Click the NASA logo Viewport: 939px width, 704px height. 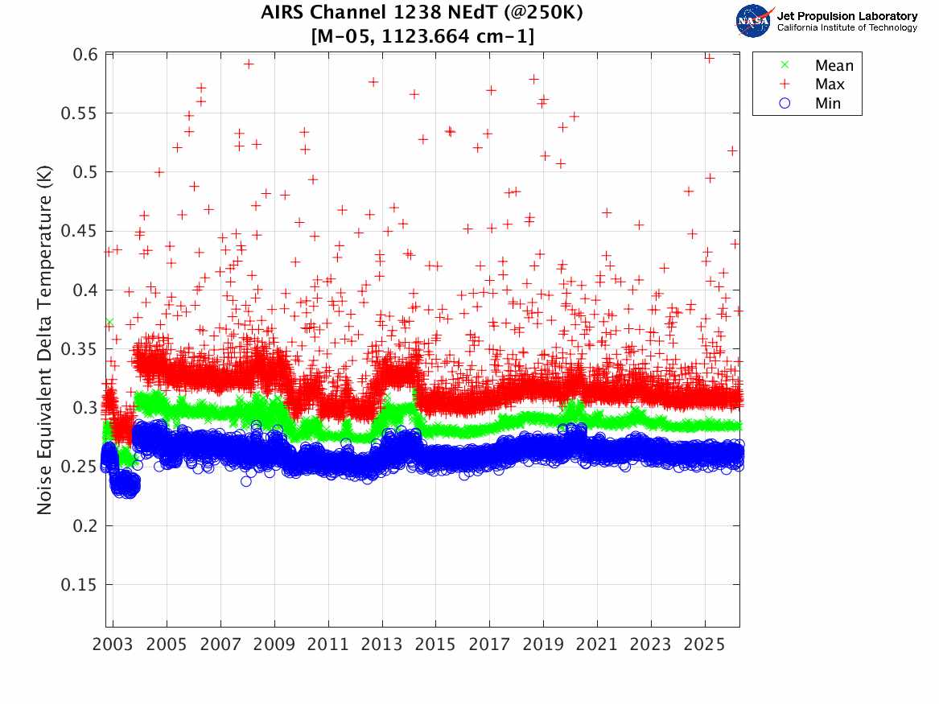754,21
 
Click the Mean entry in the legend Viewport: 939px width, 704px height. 834,66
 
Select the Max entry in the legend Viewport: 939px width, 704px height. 830,84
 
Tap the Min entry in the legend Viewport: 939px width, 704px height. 828,104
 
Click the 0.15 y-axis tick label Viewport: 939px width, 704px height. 81,585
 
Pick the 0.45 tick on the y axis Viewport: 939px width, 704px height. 81,231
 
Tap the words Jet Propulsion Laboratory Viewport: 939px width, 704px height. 846,16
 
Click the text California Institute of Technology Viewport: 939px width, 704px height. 846,28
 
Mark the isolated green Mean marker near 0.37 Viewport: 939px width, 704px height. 109,322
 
